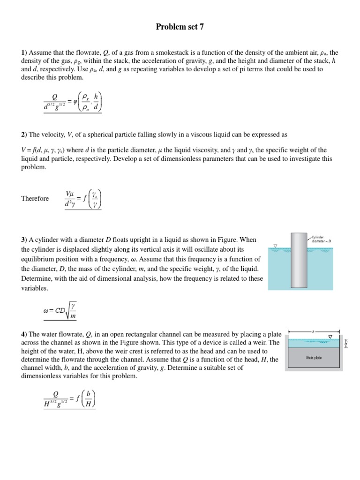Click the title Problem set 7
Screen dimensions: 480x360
pos(180,27)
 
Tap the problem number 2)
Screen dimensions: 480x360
pos(24,135)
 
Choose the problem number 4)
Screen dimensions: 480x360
pos(24,334)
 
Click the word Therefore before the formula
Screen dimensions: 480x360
pos(35,199)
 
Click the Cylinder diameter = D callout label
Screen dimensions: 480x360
pos(322,239)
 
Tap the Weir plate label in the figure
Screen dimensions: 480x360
pos(314,358)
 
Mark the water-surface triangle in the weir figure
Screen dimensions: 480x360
pos(330,337)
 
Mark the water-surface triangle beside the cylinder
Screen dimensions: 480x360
pos(275,246)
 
